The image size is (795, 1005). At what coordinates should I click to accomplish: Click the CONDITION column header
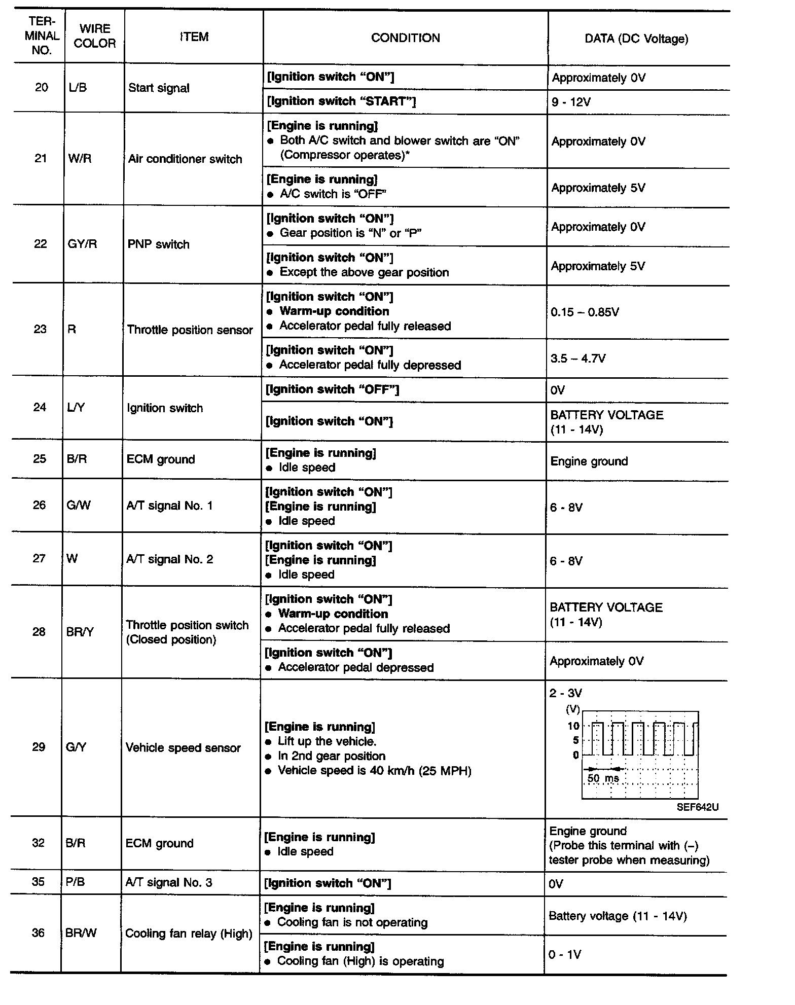click(405, 38)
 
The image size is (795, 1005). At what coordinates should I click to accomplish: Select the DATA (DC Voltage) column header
click(636, 39)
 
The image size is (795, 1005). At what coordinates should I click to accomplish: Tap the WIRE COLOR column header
click(94, 36)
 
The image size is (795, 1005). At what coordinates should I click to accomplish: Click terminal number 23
click(40, 329)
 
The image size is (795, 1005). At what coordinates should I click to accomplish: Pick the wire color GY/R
click(82, 244)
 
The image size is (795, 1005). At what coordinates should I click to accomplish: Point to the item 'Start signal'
click(159, 88)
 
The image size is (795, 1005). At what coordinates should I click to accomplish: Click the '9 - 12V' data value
click(571, 102)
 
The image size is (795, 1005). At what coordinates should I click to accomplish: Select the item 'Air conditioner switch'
click(185, 159)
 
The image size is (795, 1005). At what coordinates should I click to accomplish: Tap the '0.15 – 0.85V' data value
click(585, 312)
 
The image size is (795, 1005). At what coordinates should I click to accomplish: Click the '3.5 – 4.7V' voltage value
click(578, 358)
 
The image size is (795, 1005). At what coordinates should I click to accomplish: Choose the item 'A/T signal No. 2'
click(170, 559)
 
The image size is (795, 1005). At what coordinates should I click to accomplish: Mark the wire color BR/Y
click(80, 632)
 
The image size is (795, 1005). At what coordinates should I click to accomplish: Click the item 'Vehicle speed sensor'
click(183, 748)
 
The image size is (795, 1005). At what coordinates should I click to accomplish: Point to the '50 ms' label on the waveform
click(603, 778)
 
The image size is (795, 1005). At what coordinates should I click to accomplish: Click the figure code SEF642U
click(697, 807)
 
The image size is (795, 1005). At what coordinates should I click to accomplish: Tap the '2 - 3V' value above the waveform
click(565, 693)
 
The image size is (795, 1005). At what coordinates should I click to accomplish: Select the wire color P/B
click(76, 882)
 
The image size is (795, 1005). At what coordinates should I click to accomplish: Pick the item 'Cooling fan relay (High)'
click(189, 934)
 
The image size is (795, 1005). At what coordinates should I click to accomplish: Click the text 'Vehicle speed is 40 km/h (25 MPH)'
click(375, 771)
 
